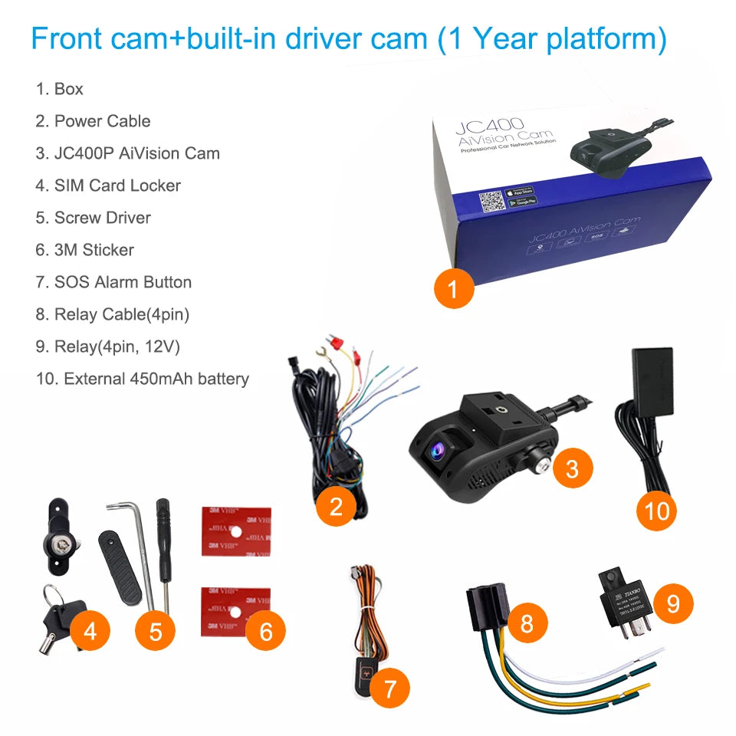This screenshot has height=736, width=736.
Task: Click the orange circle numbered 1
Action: (x=452, y=289)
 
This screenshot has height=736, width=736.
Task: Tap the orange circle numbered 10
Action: (x=657, y=510)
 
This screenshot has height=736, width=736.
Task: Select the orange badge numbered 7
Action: (x=389, y=689)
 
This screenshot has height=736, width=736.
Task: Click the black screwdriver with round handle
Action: (x=162, y=537)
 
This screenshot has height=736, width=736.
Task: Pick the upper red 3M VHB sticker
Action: (x=235, y=531)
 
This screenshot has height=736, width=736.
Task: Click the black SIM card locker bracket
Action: (x=57, y=528)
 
